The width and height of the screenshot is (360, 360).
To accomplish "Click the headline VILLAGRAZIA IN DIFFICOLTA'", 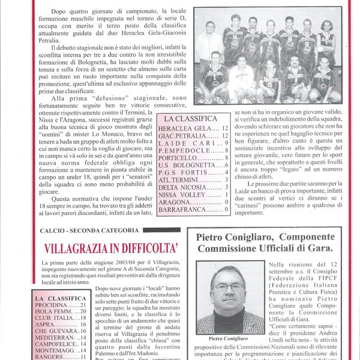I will pyautogui.click(x=111, y=248).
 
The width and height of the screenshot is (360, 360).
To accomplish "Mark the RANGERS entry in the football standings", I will pyautogui.click(x=52, y=356).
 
